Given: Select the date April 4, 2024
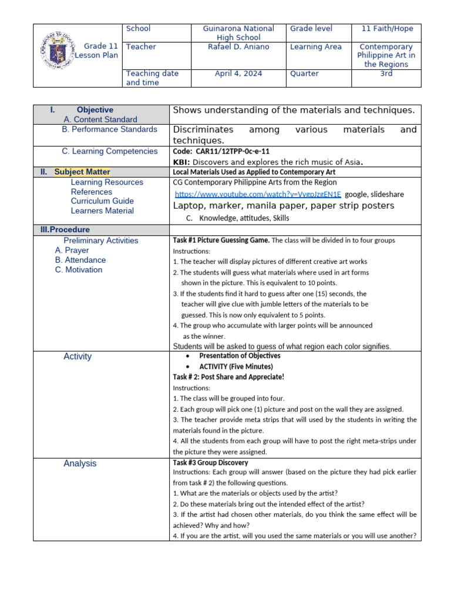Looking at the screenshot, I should click(238, 73).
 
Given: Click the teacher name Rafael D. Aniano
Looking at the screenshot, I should click(238, 47).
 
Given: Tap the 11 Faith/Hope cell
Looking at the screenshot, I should click(386, 28).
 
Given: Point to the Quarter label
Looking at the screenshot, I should click(304, 73).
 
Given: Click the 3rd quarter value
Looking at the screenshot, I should click(386, 73).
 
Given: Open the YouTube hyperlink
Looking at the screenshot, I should click(258, 194).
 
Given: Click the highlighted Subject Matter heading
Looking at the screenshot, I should click(82, 172).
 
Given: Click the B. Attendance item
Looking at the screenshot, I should click(80, 260).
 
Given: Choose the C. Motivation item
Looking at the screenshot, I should click(79, 270).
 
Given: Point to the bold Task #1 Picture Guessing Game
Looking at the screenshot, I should click(221, 240).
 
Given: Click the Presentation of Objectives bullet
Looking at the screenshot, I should click(240, 356).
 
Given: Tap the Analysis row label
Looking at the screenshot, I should click(80, 463).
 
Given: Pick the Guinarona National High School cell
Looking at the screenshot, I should click(238, 33).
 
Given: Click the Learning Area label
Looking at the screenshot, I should click(315, 47).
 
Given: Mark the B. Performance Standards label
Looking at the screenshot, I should click(109, 129).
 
